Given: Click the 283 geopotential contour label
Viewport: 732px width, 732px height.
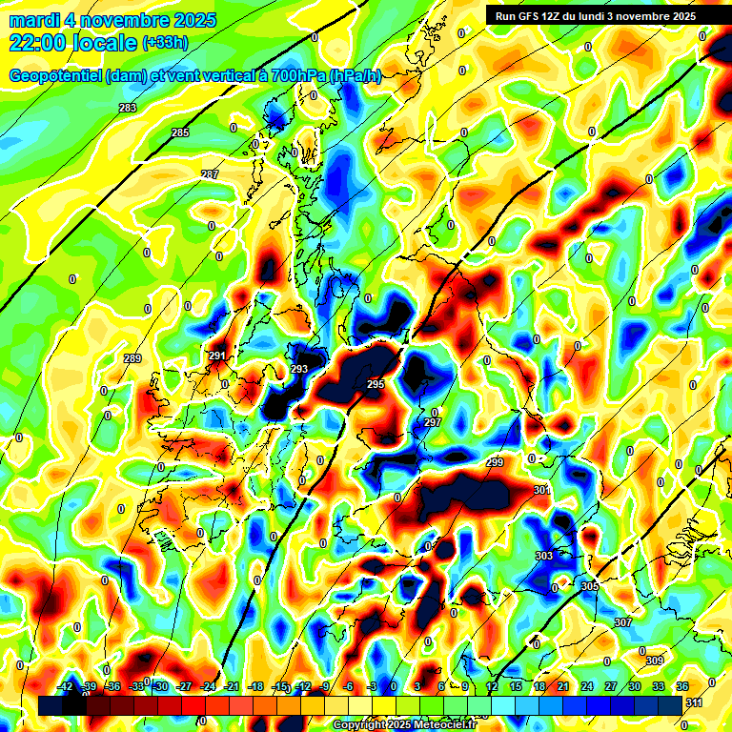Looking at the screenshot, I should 128,108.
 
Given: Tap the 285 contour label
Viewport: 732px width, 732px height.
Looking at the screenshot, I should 180,132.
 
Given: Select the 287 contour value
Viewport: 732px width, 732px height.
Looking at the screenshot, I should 210,174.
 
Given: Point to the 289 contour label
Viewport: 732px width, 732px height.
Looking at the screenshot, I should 132,358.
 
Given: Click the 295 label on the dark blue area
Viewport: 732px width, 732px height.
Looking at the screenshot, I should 376,384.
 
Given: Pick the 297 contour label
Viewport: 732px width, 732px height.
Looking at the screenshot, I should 433,422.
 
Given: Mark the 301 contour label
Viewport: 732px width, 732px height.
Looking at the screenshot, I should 541,490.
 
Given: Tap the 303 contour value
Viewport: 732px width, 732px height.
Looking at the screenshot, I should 544,555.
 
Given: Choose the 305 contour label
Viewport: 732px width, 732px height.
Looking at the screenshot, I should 590,586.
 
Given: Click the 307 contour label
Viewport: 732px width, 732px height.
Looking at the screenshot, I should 623,622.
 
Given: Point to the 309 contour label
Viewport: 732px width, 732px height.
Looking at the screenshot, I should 654,661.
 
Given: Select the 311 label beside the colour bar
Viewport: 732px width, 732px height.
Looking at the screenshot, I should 696,702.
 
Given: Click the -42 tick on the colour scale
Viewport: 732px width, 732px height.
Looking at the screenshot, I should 66,686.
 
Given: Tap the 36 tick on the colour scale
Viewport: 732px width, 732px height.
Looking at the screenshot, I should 681,686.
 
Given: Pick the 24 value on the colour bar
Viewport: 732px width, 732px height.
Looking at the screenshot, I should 586,686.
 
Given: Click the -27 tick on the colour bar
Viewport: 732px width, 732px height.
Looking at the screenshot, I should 184,686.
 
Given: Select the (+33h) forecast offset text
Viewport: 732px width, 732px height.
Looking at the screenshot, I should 165,42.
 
